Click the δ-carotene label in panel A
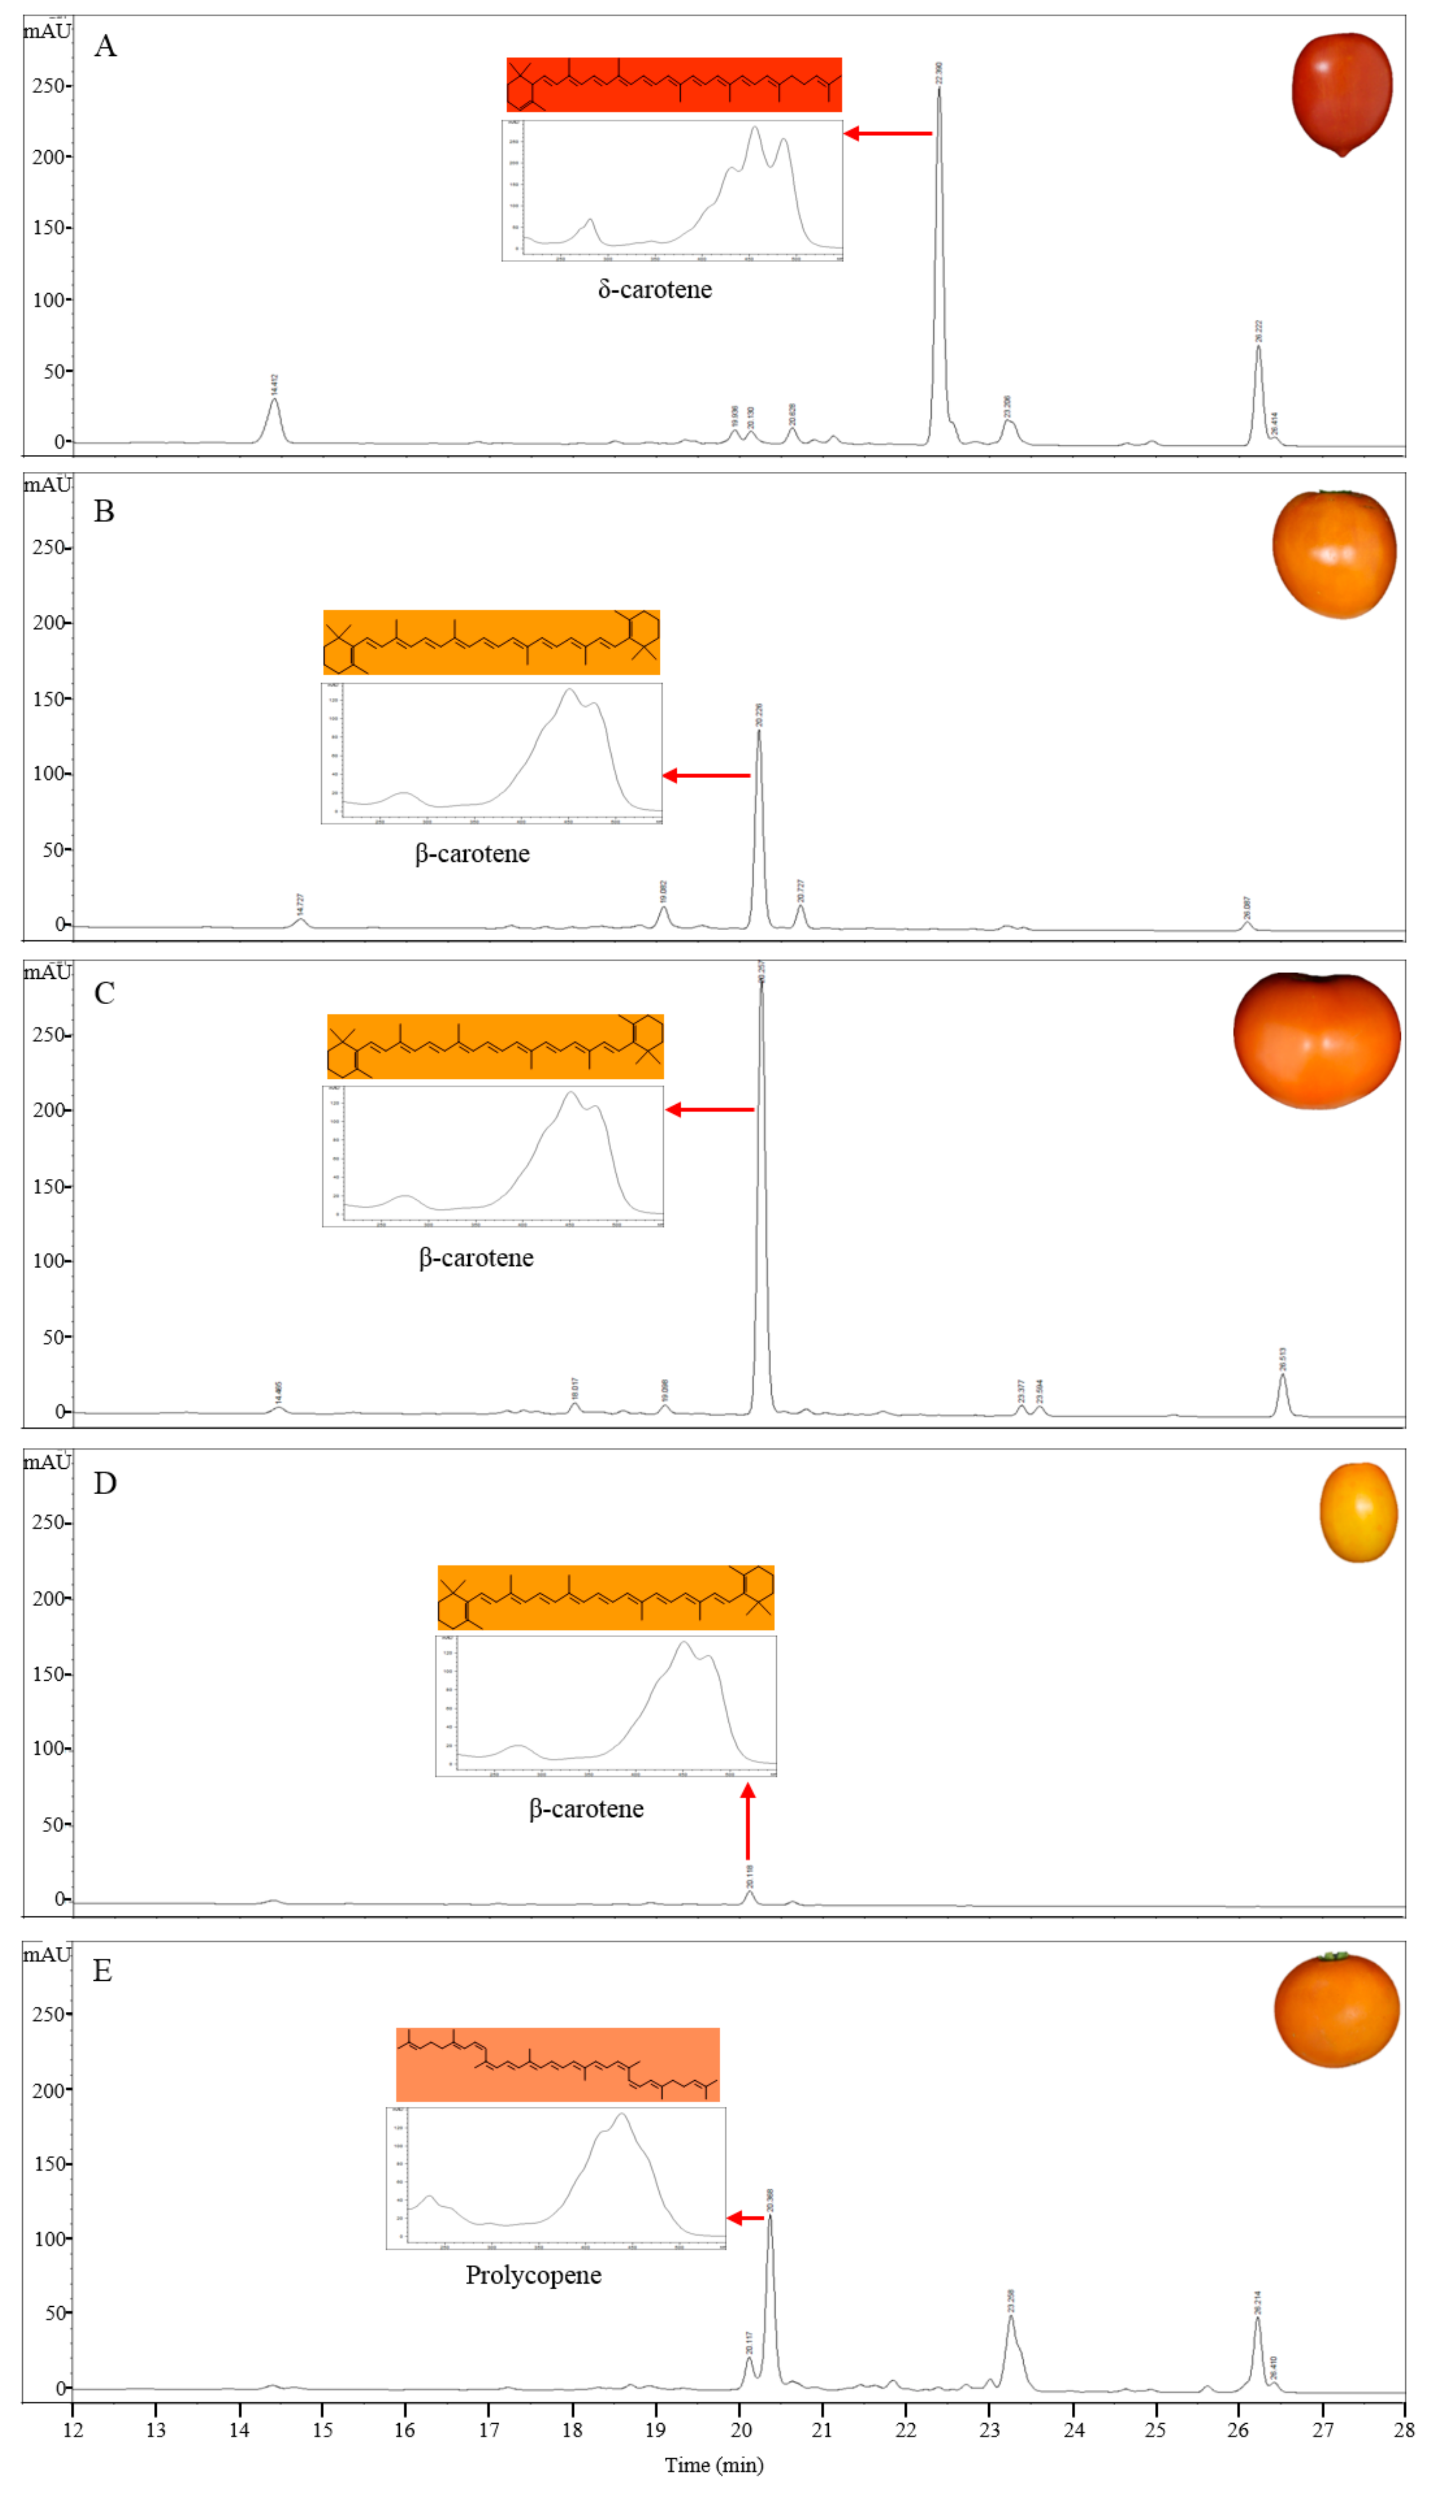tap(655, 290)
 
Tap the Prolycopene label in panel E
tap(534, 2275)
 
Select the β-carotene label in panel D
tap(586, 1809)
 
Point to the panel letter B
tap(104, 511)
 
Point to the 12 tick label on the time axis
tap(74, 2430)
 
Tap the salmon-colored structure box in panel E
tap(557, 2065)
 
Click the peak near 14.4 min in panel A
tap(274, 401)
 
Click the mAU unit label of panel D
tap(47, 1463)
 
